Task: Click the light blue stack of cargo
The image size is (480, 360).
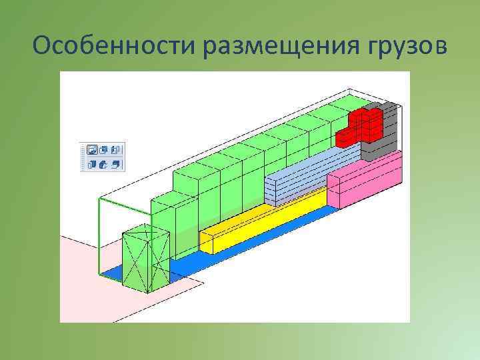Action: pyautogui.click(x=300, y=177)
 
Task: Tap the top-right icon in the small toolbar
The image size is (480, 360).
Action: pyautogui.click(x=117, y=149)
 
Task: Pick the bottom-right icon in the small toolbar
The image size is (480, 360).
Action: pyautogui.click(x=117, y=163)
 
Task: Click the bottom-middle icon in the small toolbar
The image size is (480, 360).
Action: pyautogui.click(x=105, y=163)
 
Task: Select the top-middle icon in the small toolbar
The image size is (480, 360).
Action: pyautogui.click(x=105, y=149)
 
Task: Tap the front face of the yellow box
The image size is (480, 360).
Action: pyautogui.click(x=207, y=243)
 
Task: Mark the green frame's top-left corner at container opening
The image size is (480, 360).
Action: pyautogui.click(x=99, y=198)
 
